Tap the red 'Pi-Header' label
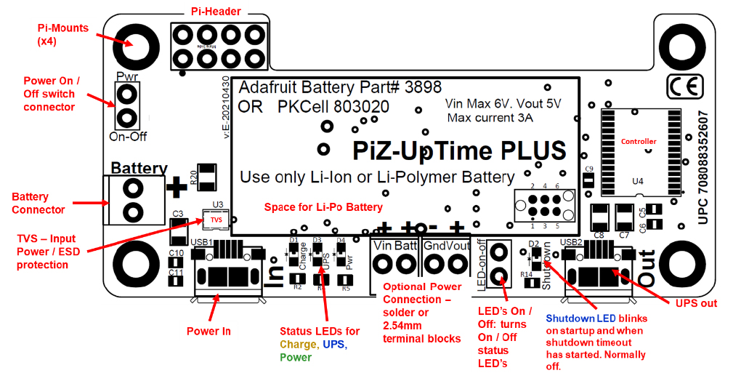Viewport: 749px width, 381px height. pyautogui.click(x=216, y=12)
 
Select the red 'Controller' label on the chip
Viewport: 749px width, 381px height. pyautogui.click(x=639, y=141)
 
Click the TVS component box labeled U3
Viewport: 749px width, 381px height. pyautogui.click(x=216, y=218)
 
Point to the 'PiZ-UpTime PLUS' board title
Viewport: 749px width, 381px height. pyautogui.click(x=459, y=151)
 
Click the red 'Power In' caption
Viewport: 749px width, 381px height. pyautogui.click(x=209, y=331)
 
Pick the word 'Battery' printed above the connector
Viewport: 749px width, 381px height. pyautogui.click(x=139, y=169)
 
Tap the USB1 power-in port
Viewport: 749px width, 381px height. pyautogui.click(x=227, y=276)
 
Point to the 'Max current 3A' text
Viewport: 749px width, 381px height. pyautogui.click(x=490, y=117)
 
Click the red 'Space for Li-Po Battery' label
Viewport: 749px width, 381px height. pyautogui.click(x=323, y=207)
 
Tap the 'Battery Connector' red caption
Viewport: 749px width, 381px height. pyautogui.click(x=39, y=203)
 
